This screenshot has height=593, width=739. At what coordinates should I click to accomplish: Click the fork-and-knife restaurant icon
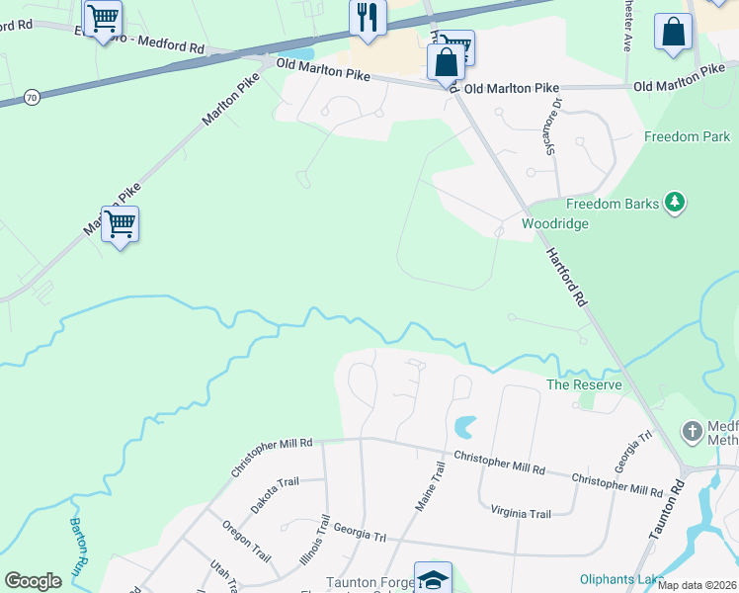coord(367,17)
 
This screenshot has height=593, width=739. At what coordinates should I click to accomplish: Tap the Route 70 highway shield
coord(33,96)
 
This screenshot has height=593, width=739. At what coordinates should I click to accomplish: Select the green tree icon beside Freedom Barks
coord(675,203)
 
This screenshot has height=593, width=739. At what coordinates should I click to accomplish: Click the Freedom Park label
coord(687,136)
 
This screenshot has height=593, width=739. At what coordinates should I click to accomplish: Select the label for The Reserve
coord(584,384)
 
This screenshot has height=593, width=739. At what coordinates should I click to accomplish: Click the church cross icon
coord(693,432)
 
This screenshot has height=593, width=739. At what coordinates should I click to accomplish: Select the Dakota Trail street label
coord(274,495)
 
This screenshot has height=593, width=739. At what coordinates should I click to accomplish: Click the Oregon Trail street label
coord(245,541)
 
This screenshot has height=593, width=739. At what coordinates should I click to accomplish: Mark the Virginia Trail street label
coord(521,513)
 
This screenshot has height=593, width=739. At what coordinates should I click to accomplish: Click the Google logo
coord(33,581)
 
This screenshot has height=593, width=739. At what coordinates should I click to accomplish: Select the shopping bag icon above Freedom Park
coord(673,31)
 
